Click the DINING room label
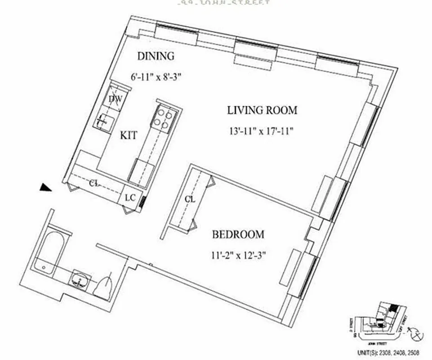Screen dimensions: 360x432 (x=155, y=56)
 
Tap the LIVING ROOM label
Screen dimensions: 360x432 (x=262, y=110)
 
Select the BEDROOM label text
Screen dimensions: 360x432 (x=238, y=234)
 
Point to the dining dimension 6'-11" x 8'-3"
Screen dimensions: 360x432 (x=156, y=77)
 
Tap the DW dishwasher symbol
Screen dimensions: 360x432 (x=114, y=100)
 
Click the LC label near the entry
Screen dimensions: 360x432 (x=130, y=197)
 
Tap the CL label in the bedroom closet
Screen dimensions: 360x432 (x=190, y=199)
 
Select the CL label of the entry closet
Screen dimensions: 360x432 (x=94, y=183)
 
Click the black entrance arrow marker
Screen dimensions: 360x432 (x=45, y=188)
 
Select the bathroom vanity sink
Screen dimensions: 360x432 (x=80, y=280)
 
